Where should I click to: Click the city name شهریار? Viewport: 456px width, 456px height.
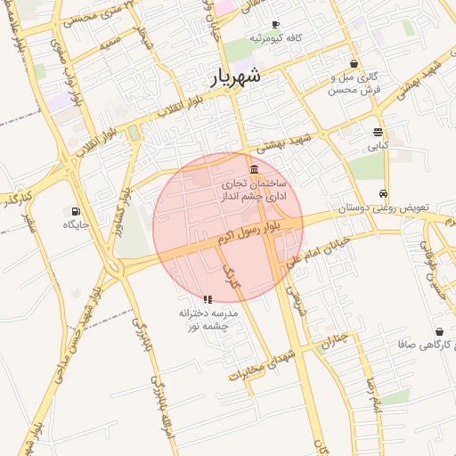pos(236,77)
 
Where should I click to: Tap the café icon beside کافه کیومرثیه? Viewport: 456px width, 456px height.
pos(275,24)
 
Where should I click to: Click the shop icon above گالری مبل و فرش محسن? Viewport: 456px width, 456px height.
pos(354,63)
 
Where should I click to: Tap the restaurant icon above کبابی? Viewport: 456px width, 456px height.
pos(379,132)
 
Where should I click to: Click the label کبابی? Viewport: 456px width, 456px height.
pos(379,146)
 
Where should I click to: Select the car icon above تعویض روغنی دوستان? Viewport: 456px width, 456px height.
pos(383,193)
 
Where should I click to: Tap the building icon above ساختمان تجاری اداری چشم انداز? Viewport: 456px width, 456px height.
pos(255,169)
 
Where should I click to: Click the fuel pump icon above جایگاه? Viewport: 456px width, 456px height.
pos(75,212)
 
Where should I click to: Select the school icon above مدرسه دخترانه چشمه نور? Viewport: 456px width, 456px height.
pos(207,299)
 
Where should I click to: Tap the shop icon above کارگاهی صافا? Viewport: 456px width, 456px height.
pos(439,330)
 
